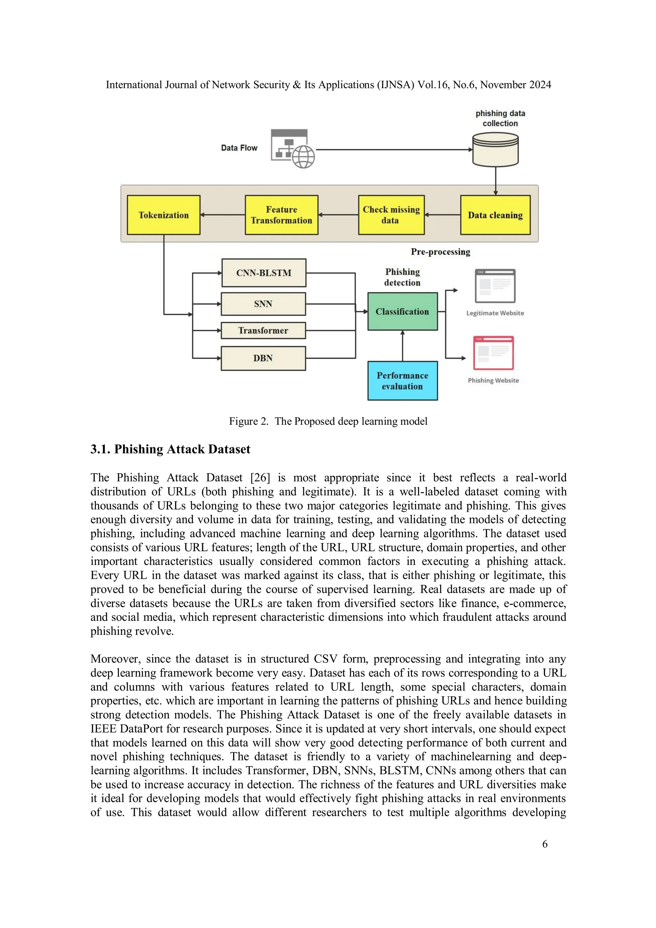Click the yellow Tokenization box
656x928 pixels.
coord(164,215)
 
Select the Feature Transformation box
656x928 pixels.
coord(282,215)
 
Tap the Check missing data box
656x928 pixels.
coord(391,215)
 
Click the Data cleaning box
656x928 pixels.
coord(495,215)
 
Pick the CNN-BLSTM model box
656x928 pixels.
coord(264,273)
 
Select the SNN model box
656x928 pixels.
coord(263,304)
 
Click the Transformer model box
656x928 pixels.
coord(263,331)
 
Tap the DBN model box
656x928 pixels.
coord(263,358)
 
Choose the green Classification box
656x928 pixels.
coord(402,311)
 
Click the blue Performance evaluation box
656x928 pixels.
coord(402,381)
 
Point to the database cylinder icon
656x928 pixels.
coord(495,150)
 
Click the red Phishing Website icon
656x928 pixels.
coord(493,353)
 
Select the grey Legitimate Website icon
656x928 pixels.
coord(495,286)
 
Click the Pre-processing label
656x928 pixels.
coord(440,252)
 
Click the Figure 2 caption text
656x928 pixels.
coord(328,421)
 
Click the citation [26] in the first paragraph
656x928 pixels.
coord(260,478)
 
